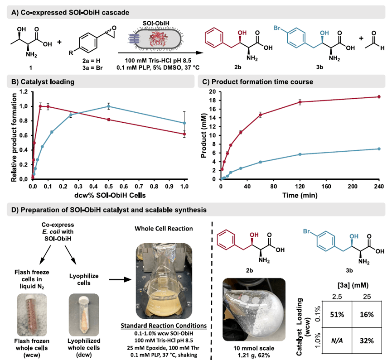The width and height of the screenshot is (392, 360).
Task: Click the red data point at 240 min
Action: click(x=379, y=96)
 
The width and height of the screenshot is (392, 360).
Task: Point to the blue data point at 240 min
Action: click(x=379, y=149)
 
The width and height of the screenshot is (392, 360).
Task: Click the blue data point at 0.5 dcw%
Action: click(x=108, y=106)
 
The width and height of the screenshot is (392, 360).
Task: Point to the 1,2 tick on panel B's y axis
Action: click(x=23, y=91)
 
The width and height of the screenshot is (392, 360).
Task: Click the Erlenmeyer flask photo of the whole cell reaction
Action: click(x=160, y=281)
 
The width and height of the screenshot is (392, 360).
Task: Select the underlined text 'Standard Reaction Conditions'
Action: click(x=160, y=326)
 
